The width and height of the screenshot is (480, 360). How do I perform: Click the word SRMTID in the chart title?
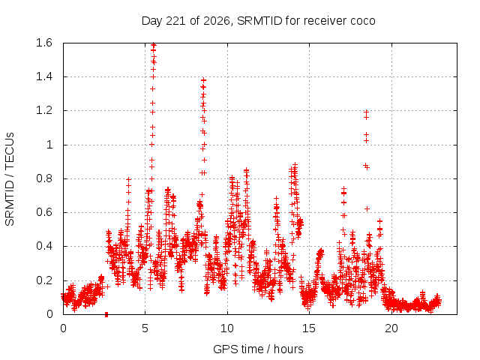(259, 21)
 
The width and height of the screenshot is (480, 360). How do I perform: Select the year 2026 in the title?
(217, 21)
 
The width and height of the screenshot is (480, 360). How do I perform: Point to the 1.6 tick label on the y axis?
(44, 43)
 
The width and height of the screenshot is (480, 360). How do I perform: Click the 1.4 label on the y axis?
(44, 76)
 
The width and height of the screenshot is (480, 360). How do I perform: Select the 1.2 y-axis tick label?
(44, 110)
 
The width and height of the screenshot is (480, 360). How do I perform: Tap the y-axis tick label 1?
(49, 145)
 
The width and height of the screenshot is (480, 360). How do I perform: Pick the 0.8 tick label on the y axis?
(44, 178)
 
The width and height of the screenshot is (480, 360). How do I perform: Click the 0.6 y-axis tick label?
(44, 212)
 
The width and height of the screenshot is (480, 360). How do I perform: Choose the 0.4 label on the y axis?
(44, 246)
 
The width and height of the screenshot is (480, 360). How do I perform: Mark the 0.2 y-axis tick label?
(44, 280)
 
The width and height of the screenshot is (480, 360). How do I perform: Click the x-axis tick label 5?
(145, 328)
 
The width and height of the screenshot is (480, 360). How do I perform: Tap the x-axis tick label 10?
(227, 328)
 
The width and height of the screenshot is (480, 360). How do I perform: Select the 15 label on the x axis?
(309, 328)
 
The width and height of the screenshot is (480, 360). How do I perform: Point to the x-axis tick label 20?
(391, 328)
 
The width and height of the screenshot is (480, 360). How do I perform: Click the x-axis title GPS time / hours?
(258, 349)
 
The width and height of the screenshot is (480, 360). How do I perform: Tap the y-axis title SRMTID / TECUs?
(10, 179)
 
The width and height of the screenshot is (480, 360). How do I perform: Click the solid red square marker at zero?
(106, 314)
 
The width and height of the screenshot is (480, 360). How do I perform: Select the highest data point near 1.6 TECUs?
(154, 45)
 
